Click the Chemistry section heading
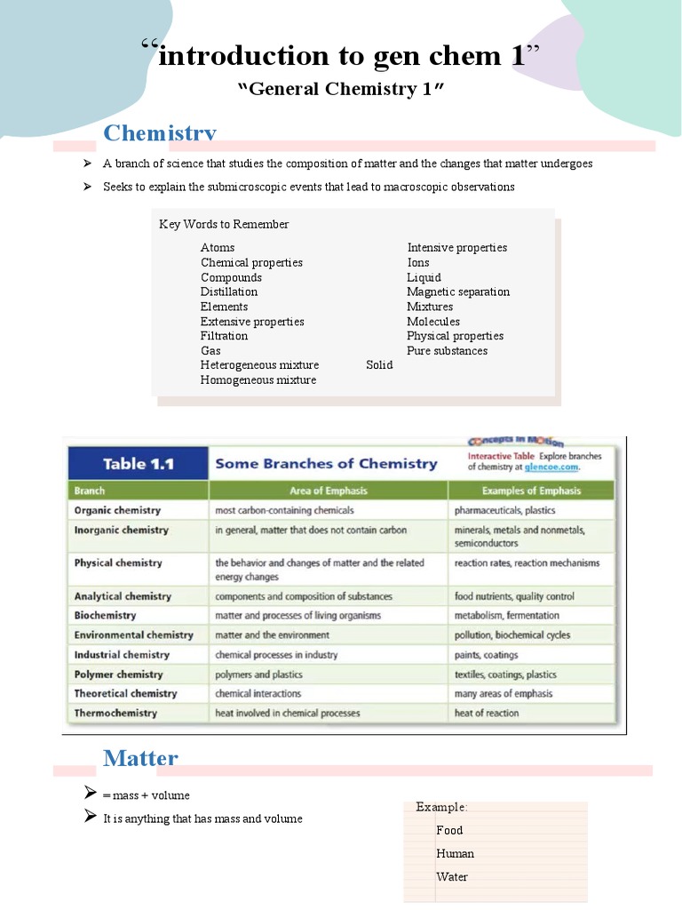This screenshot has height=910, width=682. click(160, 133)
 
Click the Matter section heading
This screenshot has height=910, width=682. click(140, 758)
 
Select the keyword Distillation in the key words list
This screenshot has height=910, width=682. click(229, 291)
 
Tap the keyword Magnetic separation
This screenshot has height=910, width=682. click(458, 291)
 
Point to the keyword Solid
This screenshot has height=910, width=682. click(379, 365)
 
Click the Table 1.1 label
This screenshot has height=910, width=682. click(138, 464)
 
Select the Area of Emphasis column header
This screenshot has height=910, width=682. click(328, 491)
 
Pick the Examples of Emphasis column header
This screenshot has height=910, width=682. click(531, 491)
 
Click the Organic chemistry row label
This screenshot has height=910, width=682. click(117, 511)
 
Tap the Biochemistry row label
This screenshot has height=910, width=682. click(105, 616)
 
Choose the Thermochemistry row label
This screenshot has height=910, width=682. click(115, 714)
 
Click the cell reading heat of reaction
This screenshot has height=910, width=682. click(487, 714)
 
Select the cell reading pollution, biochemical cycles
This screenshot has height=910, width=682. click(512, 635)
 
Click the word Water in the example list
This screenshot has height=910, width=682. click(452, 877)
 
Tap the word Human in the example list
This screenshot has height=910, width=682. click(455, 854)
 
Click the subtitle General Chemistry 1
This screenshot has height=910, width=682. click(341, 90)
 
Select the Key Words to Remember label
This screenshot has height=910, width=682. click(224, 225)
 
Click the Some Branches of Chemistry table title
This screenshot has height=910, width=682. click(326, 464)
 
